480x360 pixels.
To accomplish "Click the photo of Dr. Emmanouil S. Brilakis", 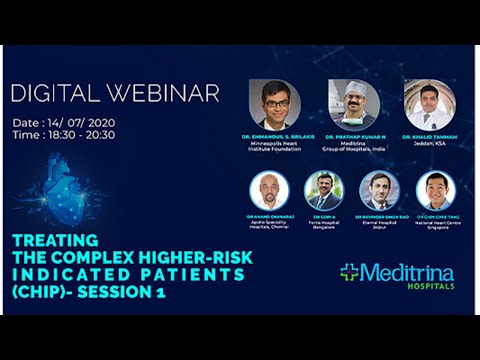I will [275, 104].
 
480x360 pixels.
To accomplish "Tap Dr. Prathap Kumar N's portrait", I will [353, 104].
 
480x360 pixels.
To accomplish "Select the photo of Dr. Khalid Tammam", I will [430, 104].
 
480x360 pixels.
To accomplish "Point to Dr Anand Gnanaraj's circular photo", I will [270, 190].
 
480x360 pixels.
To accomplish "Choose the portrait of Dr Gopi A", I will [324, 190].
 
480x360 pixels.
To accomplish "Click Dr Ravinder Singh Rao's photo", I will [379, 190].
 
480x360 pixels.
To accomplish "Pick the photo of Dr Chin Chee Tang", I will [435, 190].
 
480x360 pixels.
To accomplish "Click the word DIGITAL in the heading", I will [51, 94].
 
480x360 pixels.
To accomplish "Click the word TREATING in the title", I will [56, 240].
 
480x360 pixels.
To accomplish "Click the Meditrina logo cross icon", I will [350, 272].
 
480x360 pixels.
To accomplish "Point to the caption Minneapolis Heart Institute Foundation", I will [275, 147].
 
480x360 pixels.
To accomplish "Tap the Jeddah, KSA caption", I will [430, 143].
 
